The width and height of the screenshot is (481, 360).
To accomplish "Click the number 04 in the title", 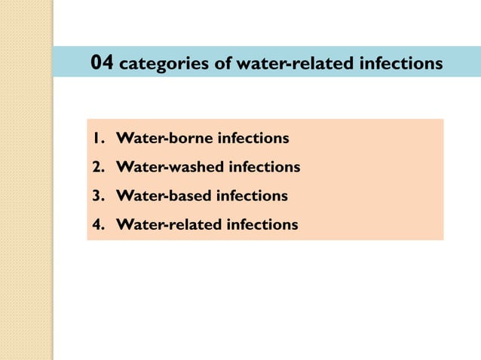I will (x=102, y=62).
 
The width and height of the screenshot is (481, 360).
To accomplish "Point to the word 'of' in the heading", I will (x=223, y=63).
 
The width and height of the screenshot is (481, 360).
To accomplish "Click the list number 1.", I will (x=97, y=139).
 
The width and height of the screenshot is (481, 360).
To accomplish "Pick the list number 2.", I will (x=97, y=167).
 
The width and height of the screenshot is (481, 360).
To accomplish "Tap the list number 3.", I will (x=97, y=196).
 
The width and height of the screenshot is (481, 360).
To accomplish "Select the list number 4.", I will (x=97, y=224).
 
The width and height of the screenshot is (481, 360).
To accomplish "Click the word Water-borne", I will (x=161, y=139).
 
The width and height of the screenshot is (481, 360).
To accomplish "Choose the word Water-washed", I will (x=167, y=167).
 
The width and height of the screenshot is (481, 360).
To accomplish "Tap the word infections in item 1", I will (x=253, y=139).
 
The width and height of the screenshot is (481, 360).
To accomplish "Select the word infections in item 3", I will (x=252, y=196).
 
